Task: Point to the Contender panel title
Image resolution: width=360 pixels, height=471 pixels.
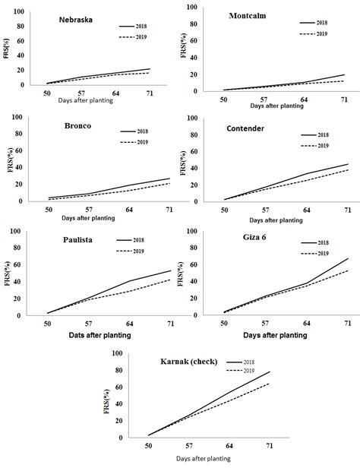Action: click(247, 129)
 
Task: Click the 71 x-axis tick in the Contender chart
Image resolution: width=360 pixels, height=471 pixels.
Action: click(346, 210)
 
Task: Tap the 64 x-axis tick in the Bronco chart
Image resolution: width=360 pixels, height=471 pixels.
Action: click(130, 210)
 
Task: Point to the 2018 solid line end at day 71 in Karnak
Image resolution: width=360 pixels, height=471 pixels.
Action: click(269, 371)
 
